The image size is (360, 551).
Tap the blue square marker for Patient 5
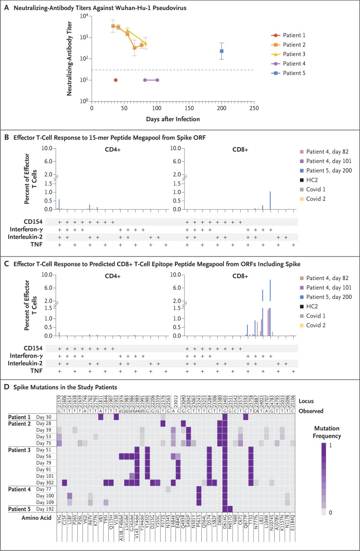click(222, 51)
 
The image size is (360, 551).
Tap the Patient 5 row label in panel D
click(22, 508)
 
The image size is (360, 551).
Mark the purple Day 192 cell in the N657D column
click(231, 508)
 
